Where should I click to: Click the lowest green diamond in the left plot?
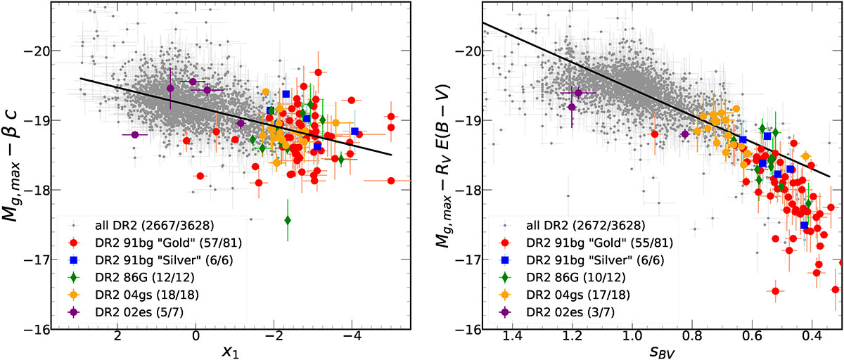tap(288, 220)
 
